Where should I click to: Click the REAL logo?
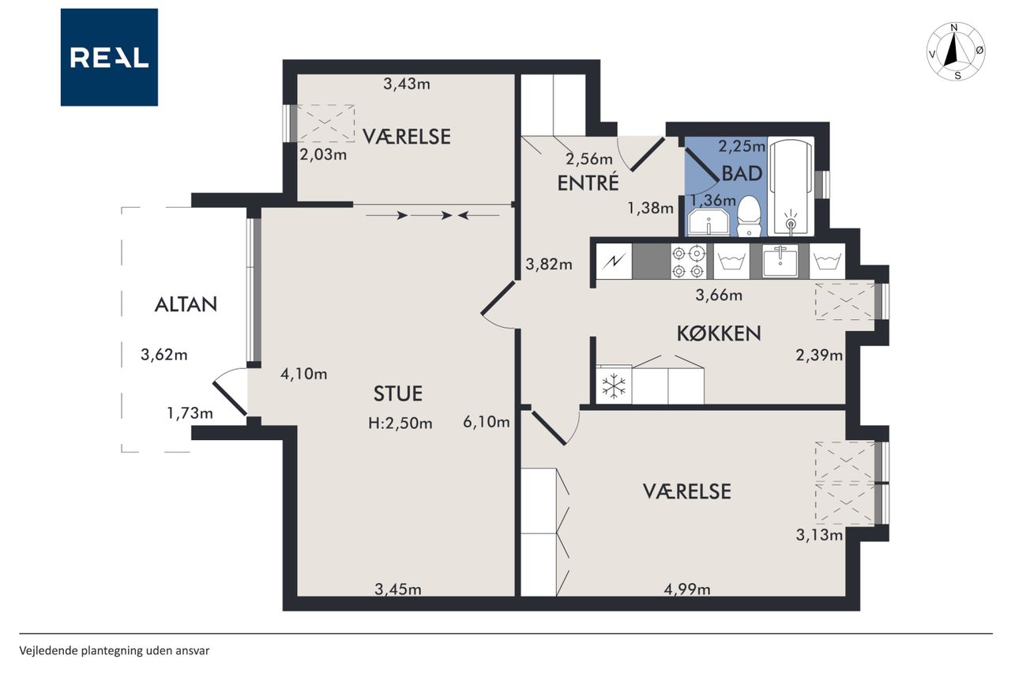[x=109, y=58]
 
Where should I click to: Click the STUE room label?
[x=397, y=393]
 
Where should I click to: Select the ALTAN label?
[x=186, y=305]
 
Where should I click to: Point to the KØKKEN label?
[x=719, y=333]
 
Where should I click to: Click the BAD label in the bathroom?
[x=742, y=173]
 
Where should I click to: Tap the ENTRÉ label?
[x=588, y=183]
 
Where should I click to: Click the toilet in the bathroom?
[x=750, y=216]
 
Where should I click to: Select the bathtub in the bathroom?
[x=791, y=187]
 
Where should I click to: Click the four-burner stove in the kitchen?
[x=688, y=262]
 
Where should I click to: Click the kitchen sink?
[x=780, y=261]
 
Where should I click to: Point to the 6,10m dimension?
[x=487, y=422]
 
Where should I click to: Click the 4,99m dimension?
[x=687, y=589]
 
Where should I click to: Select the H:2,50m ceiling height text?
[x=400, y=424]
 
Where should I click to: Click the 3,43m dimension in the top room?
[x=407, y=84]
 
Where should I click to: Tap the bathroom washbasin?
[x=708, y=222]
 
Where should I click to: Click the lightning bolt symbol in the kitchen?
[x=614, y=262]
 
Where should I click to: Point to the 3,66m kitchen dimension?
[x=719, y=296]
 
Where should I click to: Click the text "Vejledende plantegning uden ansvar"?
[x=115, y=651]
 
